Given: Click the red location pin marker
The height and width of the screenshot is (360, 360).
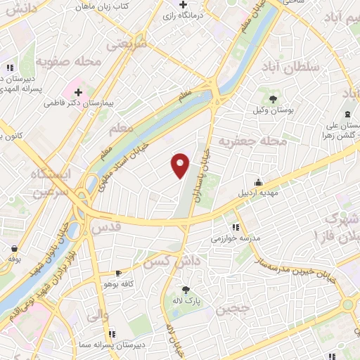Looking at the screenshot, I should pos(181,165).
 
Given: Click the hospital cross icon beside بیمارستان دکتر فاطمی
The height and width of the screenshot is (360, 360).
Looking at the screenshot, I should pos(77,92).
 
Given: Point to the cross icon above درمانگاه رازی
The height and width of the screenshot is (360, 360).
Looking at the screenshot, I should pos(183,4).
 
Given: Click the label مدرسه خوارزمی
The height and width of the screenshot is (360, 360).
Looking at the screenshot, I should pos(236,238).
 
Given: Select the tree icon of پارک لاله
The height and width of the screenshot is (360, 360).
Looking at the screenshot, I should pos(186,290).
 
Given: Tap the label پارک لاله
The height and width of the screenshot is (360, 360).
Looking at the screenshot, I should pos(186,301).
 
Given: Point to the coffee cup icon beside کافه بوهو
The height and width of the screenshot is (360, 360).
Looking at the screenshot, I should pos(118,273).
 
